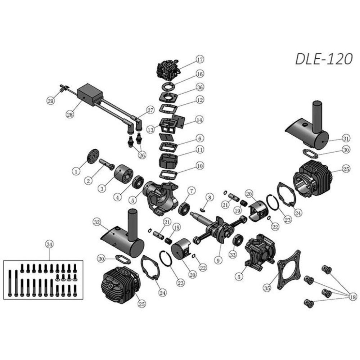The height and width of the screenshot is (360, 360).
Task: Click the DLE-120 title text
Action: click(324, 59)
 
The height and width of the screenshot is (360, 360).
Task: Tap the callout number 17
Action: click(200, 59)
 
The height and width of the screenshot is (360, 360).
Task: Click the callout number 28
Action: click(70, 114)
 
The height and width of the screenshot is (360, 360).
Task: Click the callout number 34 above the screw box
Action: click(49, 244)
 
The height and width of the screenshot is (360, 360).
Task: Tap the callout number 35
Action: click(267, 288)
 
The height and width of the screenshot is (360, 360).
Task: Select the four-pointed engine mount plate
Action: click(289, 270)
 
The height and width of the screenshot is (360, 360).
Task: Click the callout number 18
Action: click(352, 297)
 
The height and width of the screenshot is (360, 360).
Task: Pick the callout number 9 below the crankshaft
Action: click(218, 260)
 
